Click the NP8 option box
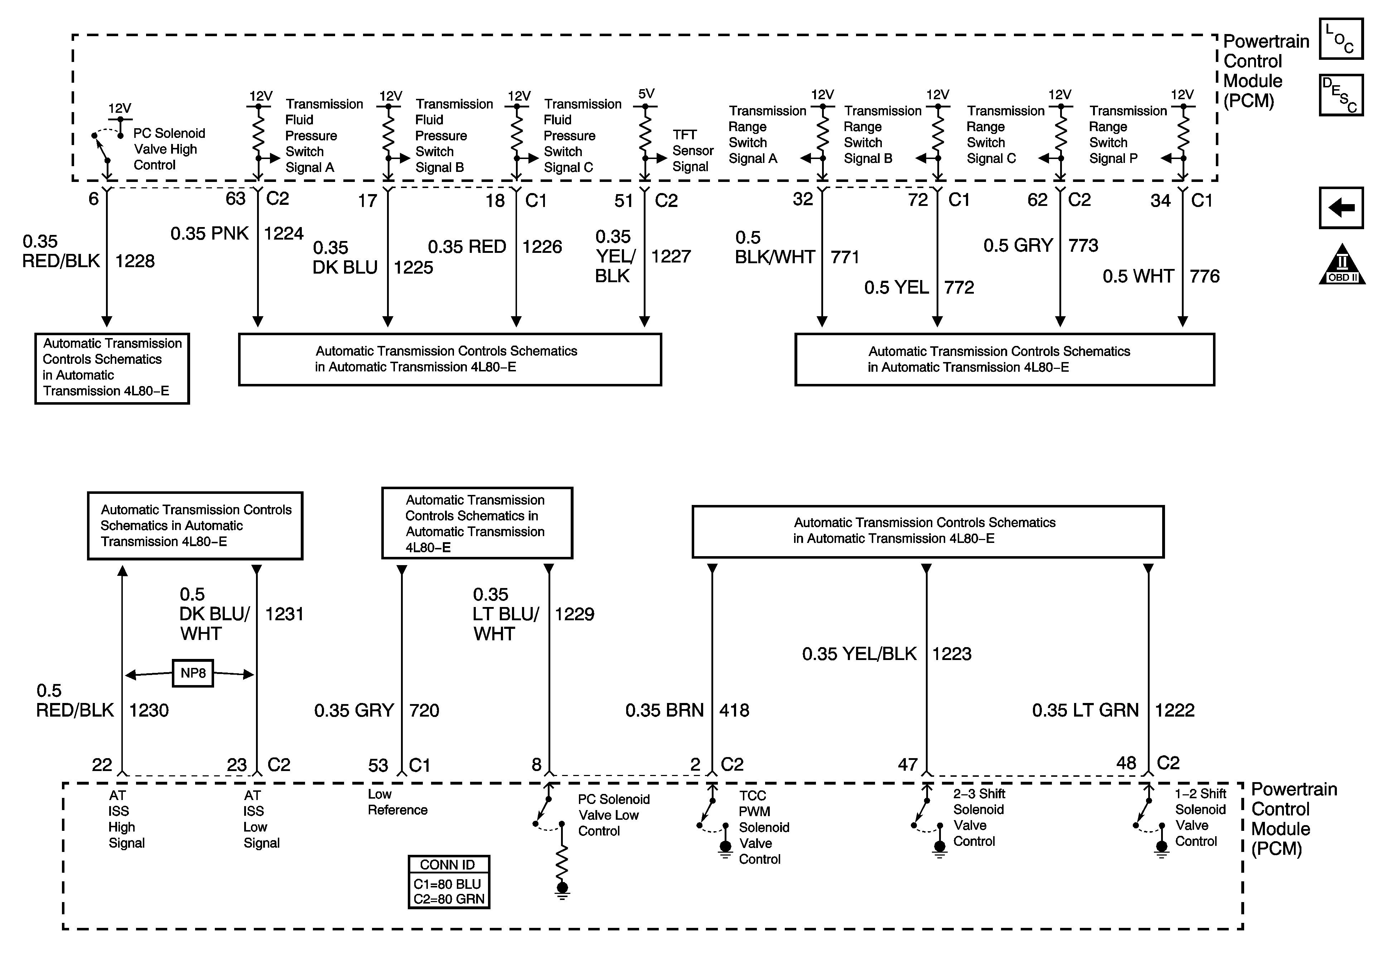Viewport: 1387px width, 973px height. click(x=193, y=673)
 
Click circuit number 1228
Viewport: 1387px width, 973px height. click(x=135, y=261)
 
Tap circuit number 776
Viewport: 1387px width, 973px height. click(x=1204, y=276)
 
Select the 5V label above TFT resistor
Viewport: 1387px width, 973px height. click(x=646, y=94)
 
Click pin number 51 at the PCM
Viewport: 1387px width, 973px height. click(x=623, y=201)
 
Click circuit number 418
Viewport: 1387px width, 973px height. click(x=734, y=710)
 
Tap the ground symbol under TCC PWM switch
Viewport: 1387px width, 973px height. click(x=725, y=848)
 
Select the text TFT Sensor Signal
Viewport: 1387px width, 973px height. click(x=692, y=150)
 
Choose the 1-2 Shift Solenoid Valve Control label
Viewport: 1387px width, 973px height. click(x=1200, y=817)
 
